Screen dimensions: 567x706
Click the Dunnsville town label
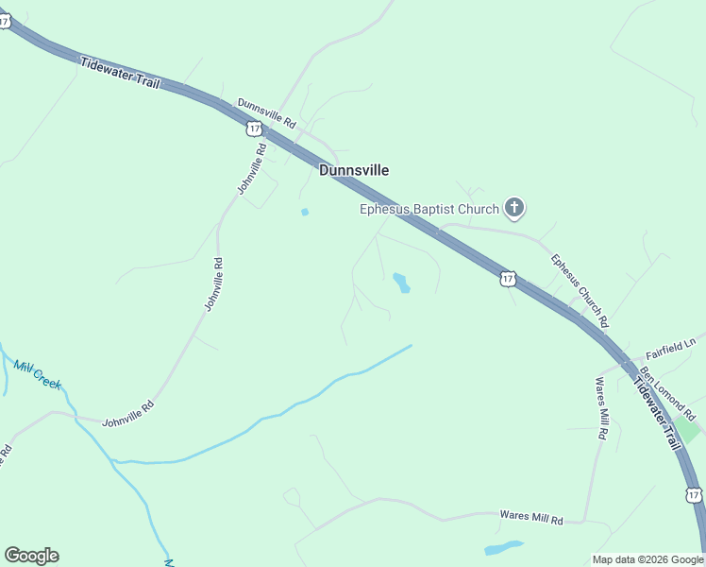pyautogui.click(x=354, y=170)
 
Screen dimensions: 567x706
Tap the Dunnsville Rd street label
pyautogui.click(x=267, y=113)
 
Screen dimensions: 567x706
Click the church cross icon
pyautogui.click(x=514, y=207)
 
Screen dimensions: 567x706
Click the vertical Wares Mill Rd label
pyautogui.click(x=600, y=408)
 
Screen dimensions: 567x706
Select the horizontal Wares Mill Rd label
pyautogui.click(x=530, y=519)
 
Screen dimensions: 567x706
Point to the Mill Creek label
pyautogui.click(x=38, y=374)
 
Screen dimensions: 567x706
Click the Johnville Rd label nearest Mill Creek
pyautogui.click(x=128, y=412)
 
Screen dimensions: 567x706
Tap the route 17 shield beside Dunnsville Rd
pyautogui.click(x=254, y=128)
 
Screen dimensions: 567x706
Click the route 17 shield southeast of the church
pyautogui.click(x=508, y=278)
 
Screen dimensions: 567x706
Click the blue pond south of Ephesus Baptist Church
pyautogui.click(x=401, y=282)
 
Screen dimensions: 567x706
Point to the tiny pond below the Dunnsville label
pyautogui.click(x=304, y=212)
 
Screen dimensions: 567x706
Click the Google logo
pyautogui.click(x=31, y=556)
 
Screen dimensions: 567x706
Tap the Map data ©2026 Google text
pyautogui.click(x=647, y=559)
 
